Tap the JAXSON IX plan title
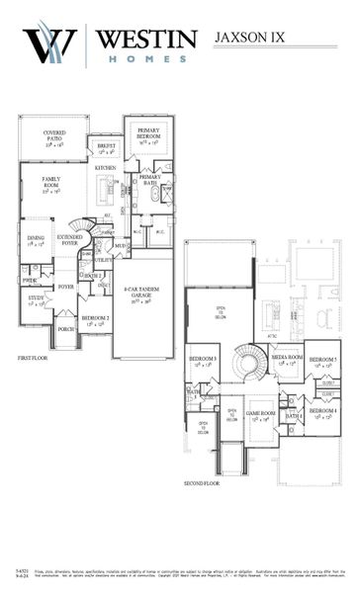tap(250, 38)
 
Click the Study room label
tap(35, 298)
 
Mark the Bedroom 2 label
tap(96, 319)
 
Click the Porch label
tap(66, 328)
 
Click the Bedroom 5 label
tap(323, 361)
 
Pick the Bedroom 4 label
tap(322, 413)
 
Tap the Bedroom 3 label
tap(203, 361)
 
